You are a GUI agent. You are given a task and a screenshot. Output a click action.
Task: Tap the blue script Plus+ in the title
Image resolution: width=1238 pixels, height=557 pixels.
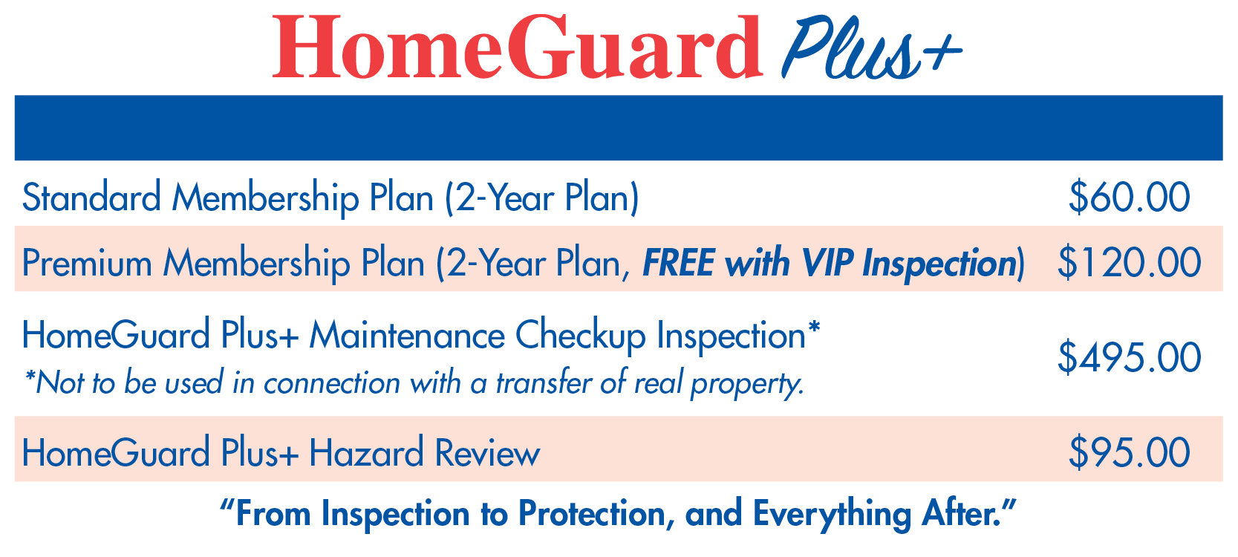click(x=872, y=48)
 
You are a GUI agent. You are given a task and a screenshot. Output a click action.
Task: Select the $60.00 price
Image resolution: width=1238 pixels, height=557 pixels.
click(x=1129, y=198)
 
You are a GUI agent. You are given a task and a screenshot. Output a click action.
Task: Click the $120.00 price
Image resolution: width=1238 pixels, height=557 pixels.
click(x=1129, y=262)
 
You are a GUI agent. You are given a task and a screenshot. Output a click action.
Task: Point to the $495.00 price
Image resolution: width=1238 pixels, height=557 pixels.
click(x=1129, y=357)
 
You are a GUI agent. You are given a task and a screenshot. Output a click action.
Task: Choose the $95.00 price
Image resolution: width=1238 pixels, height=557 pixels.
click(x=1129, y=452)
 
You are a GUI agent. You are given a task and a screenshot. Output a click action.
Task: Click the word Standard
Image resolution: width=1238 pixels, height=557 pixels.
click(x=91, y=198)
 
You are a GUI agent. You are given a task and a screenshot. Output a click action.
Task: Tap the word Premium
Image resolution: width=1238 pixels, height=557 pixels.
click(x=87, y=262)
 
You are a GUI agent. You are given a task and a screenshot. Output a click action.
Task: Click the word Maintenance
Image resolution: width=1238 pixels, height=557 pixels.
click(x=407, y=335)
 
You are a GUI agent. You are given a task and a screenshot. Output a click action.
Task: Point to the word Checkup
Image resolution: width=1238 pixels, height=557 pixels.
click(x=580, y=336)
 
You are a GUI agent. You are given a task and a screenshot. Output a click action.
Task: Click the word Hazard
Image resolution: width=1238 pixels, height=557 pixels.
click(x=366, y=452)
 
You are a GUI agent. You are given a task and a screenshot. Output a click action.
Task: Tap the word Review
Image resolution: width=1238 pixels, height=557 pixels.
click(x=487, y=453)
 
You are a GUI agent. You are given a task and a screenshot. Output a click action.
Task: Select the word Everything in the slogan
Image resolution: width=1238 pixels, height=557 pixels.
click(x=832, y=515)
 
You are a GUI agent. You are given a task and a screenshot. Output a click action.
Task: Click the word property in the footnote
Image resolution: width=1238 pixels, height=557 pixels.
click(x=748, y=383)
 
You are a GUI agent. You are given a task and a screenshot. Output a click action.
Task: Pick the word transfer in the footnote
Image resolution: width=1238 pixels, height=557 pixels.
click(x=544, y=382)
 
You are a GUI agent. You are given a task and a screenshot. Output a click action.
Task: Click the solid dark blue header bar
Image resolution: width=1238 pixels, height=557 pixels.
click(x=619, y=128)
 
